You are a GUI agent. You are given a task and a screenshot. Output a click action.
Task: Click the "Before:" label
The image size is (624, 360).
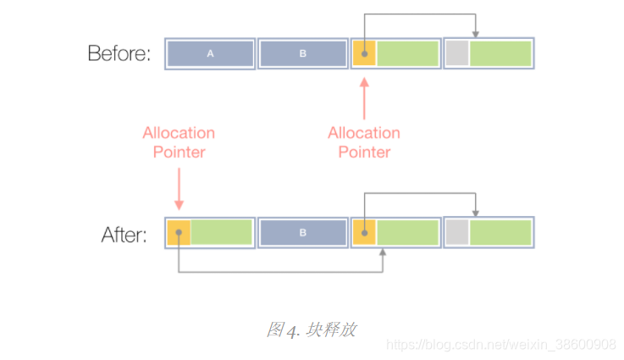(119, 54)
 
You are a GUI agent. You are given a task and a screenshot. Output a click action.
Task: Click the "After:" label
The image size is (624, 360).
(124, 235)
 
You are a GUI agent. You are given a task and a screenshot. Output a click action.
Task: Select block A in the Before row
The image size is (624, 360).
(211, 54)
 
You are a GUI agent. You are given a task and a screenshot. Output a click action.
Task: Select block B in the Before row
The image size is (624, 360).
(303, 54)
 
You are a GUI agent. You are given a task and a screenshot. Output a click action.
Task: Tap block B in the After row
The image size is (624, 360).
(303, 232)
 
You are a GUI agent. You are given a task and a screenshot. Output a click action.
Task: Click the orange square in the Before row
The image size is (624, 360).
(364, 54)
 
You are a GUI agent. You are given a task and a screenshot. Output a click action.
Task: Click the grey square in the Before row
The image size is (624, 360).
(457, 54)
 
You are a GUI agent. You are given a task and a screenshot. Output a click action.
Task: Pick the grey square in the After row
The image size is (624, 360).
(457, 232)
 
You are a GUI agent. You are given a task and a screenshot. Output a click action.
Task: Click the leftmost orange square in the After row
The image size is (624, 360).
(179, 232)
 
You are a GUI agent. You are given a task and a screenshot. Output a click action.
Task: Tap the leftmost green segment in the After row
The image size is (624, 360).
(222, 232)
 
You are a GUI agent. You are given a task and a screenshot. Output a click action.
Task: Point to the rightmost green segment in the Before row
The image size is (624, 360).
(500, 54)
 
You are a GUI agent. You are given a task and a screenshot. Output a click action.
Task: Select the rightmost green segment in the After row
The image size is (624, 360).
(500, 232)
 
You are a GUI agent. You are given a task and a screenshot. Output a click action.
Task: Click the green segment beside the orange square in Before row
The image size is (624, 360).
(408, 54)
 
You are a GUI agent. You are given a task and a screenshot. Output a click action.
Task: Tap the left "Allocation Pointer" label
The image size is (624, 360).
(179, 142)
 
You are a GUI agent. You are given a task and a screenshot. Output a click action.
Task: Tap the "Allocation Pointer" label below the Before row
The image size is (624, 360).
(364, 142)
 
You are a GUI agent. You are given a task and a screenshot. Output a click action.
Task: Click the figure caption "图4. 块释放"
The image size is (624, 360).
(311, 330)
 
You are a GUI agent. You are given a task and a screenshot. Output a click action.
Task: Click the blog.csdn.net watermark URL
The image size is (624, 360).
(500, 345)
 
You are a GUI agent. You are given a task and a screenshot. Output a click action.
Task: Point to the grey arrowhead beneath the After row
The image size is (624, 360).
(383, 253)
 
